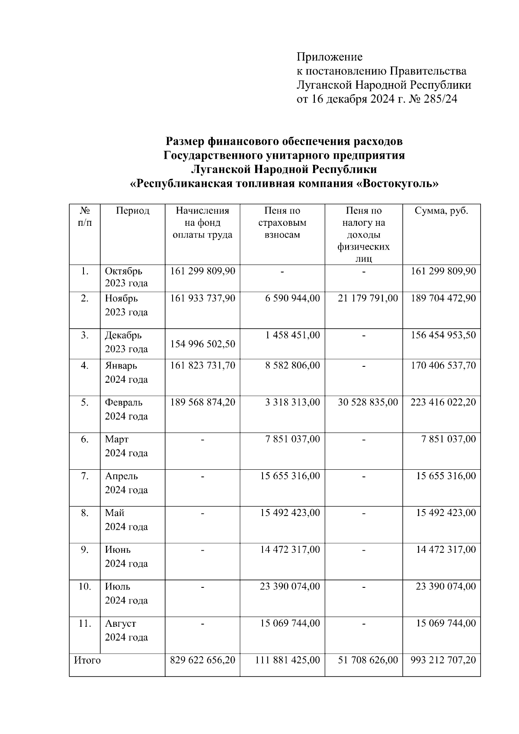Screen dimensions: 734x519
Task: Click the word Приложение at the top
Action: pyautogui.click(x=329, y=57)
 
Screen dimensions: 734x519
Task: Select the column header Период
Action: pyautogui.click(x=132, y=211)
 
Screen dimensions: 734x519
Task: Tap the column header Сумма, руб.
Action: pyautogui.click(x=441, y=211)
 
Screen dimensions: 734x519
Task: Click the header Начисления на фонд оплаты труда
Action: pyautogui.click(x=202, y=223)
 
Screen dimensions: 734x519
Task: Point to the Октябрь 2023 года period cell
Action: pyautogui.click(x=126, y=277)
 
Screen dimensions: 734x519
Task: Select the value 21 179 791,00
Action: pyautogui.click(x=368, y=298)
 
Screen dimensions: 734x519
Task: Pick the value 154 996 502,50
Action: pyautogui.click(x=203, y=344)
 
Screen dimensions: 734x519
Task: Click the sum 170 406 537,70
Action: pyautogui.click(x=443, y=365)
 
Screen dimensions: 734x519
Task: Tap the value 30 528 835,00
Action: pyautogui.click(x=368, y=402)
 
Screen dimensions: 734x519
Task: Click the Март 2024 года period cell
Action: pyautogui.click(x=126, y=446)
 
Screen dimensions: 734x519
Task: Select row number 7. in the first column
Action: pyautogui.click(x=85, y=476)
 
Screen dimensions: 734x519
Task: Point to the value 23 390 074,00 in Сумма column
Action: pyautogui.click(x=445, y=587)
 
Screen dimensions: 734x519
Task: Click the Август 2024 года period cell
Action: pyautogui.click(x=126, y=630)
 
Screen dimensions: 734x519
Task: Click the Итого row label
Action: pyautogui.click(x=87, y=660)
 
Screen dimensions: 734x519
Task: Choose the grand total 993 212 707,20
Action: pyautogui.click(x=443, y=660)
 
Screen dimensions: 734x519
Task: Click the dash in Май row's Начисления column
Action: pyautogui.click(x=202, y=513)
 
